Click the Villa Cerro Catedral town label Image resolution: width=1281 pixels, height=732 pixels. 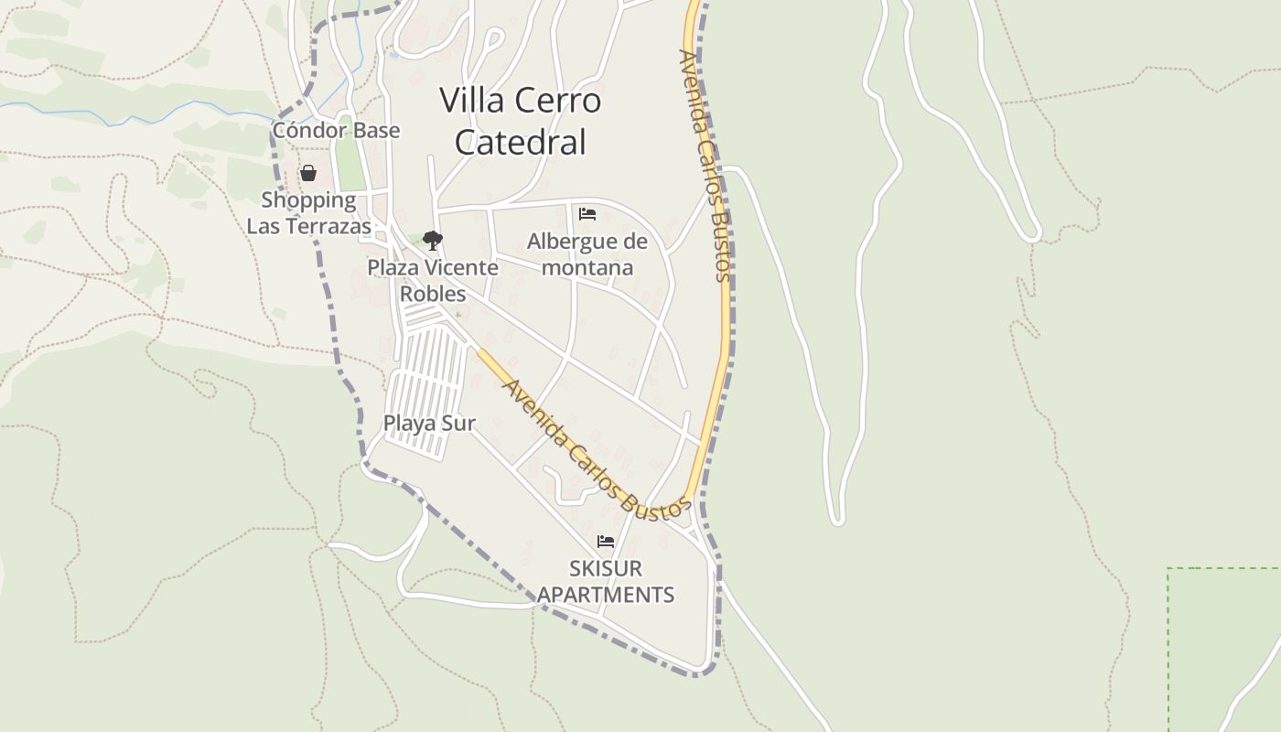click(x=521, y=121)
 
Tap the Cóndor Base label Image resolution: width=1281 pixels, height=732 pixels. click(x=336, y=130)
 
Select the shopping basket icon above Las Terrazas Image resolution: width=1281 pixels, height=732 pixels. click(x=308, y=173)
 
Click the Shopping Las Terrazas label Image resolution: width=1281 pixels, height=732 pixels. click(x=308, y=212)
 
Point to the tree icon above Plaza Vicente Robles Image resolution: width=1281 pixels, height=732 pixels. click(x=433, y=241)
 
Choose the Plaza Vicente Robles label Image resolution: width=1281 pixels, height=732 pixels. click(x=433, y=280)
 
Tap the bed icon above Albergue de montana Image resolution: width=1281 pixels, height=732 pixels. click(x=587, y=214)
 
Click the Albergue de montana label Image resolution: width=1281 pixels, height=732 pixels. click(x=587, y=254)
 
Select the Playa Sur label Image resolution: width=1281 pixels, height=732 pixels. click(x=429, y=423)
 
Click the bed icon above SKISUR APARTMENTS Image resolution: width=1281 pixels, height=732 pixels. click(x=605, y=542)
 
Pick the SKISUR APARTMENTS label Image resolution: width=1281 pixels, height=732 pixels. click(x=606, y=581)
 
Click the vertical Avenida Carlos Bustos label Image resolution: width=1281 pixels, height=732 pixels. click(x=705, y=165)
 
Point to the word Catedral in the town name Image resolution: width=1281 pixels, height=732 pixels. click(x=521, y=142)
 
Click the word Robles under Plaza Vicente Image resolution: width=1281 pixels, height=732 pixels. click(x=433, y=294)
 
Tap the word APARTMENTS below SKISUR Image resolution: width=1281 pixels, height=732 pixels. click(x=606, y=595)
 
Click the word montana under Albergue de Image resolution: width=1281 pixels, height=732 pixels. click(x=587, y=267)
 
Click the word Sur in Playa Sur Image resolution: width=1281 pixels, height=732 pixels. click(x=457, y=423)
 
